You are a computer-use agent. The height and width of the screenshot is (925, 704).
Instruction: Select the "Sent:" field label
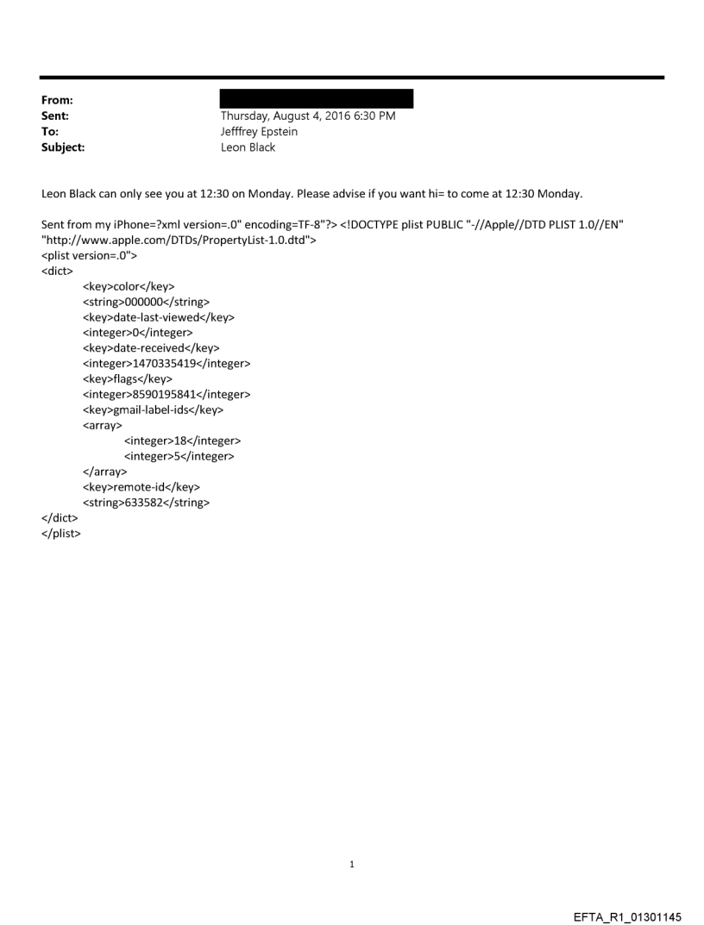55,116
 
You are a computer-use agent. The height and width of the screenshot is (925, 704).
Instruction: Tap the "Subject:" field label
62,147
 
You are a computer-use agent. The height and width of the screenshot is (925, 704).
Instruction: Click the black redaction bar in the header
317,98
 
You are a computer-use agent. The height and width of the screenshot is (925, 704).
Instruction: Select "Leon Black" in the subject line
248,147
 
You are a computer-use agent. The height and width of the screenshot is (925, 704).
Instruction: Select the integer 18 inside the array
182,441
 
